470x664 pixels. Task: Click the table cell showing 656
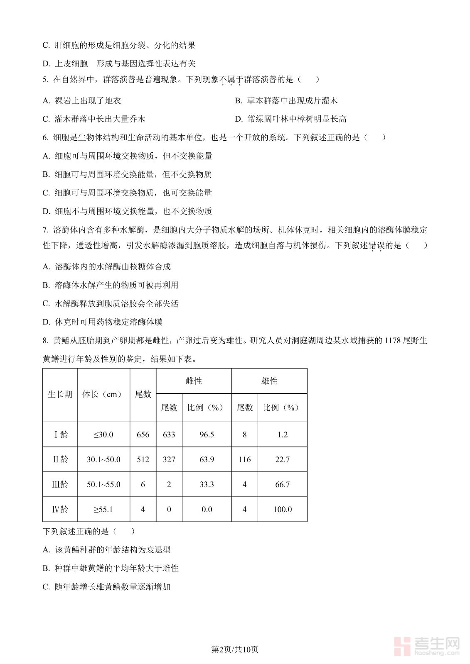coord(143,435)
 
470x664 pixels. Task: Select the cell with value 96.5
coord(207,435)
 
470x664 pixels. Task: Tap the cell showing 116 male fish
coord(244,459)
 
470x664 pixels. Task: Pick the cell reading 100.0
coord(283,509)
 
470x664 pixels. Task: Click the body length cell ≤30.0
coord(103,435)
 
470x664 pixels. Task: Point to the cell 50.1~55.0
coord(103,484)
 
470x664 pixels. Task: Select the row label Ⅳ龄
coord(60,509)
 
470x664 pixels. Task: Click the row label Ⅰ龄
coord(60,435)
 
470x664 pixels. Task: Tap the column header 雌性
coord(194,381)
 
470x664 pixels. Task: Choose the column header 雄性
coord(269,381)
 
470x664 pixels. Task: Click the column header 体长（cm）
coord(103,394)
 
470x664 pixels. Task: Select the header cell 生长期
coord(60,394)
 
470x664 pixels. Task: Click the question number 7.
coord(45,230)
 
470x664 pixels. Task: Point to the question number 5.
coord(45,79)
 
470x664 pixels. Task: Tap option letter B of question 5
coord(238,101)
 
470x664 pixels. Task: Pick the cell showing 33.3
coord(207,484)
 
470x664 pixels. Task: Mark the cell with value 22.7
coord(283,459)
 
